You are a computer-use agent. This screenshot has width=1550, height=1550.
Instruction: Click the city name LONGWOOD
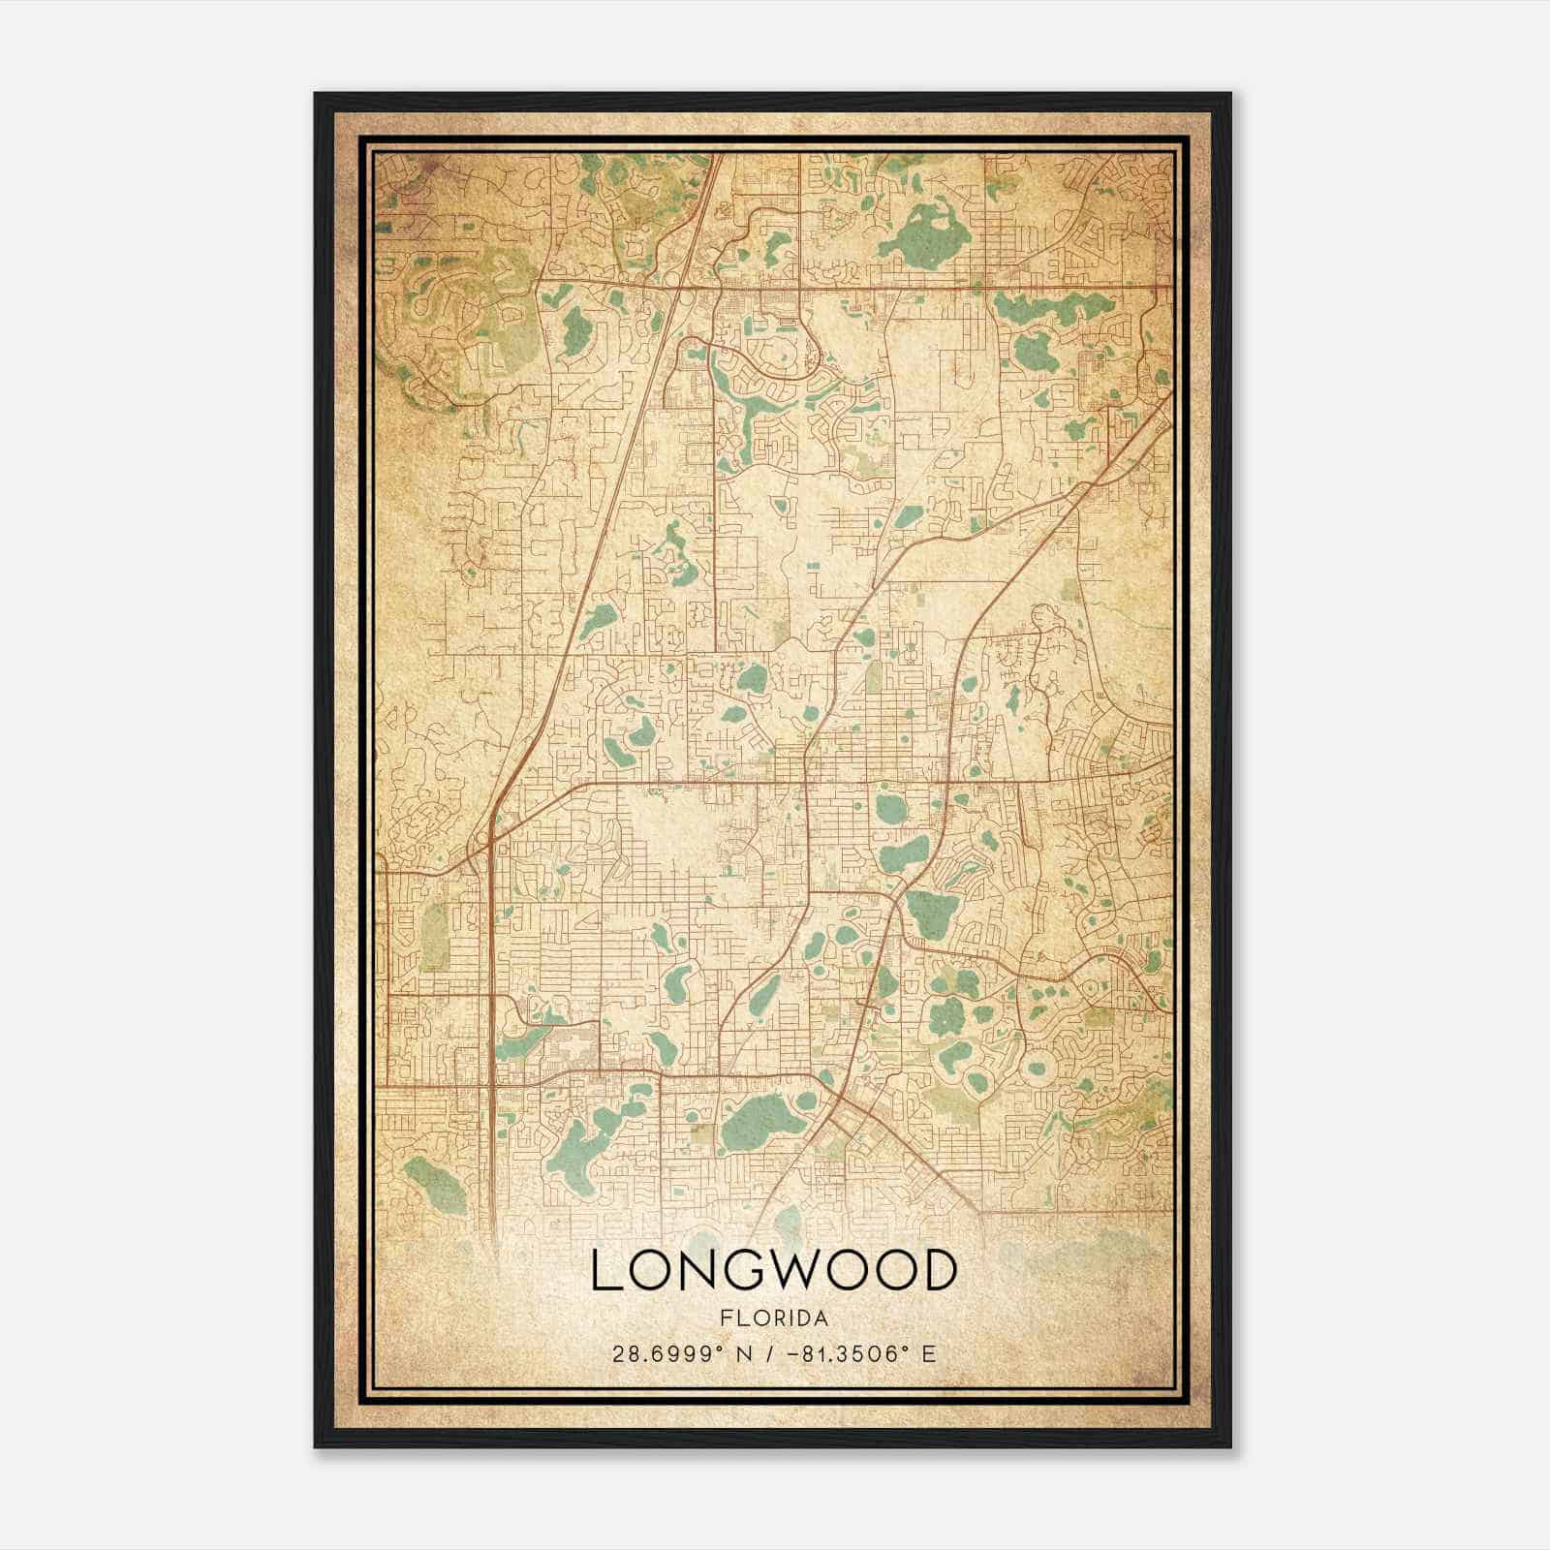(x=774, y=1271)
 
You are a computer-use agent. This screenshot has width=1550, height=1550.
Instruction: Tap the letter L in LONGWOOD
(x=607, y=1271)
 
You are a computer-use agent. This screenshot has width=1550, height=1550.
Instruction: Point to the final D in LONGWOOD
(x=938, y=1271)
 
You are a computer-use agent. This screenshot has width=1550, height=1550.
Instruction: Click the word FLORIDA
(x=774, y=1318)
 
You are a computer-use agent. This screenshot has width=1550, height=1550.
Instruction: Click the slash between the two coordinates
(x=768, y=1353)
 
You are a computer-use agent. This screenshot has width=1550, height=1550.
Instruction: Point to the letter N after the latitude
(x=743, y=1353)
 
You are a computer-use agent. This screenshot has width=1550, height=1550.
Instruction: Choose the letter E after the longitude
(x=929, y=1353)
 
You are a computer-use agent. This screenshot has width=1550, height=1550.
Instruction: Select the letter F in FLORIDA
(x=725, y=1318)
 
